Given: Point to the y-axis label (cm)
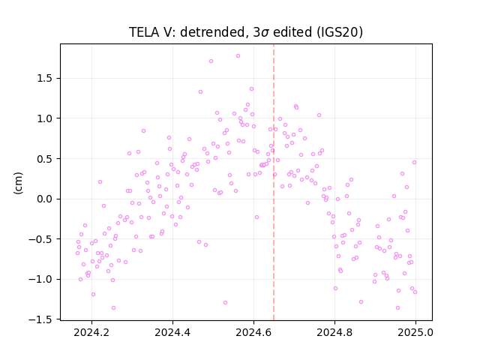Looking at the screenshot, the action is click(18, 183).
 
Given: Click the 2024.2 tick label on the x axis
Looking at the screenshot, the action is click(91, 332).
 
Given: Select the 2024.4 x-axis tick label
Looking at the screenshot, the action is click(172, 332).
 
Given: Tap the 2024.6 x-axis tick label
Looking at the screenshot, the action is click(253, 332).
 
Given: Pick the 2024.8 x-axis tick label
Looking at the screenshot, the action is click(334, 332).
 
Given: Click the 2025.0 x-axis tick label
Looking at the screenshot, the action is click(415, 332).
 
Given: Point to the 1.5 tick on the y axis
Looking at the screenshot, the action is click(46, 78).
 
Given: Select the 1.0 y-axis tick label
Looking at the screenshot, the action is click(46, 118).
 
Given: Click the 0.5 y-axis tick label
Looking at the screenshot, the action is click(46, 159).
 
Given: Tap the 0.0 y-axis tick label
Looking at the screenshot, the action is click(46, 199).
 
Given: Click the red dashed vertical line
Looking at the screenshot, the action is click(274, 182).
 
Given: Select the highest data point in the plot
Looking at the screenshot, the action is click(238, 56).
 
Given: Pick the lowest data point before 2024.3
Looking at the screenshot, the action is click(113, 308).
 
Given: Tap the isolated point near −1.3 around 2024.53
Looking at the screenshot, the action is click(225, 303).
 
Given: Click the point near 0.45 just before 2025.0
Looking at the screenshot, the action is click(414, 163).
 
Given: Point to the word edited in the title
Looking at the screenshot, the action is click(292, 32).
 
